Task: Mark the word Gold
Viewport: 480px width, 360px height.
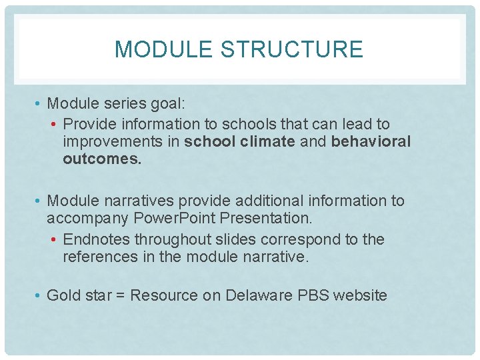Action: click(62, 295)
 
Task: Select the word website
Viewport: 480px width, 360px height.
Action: click(361, 295)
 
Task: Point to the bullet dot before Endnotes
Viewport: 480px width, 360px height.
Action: click(55, 239)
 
